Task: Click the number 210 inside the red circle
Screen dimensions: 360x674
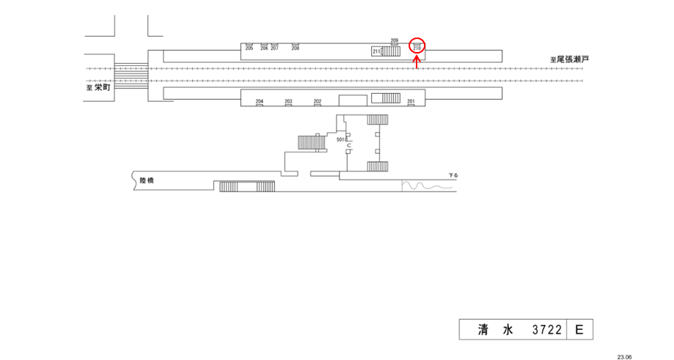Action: (x=417, y=48)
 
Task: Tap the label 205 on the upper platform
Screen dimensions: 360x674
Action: (x=249, y=48)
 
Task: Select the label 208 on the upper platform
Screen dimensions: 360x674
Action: (x=296, y=48)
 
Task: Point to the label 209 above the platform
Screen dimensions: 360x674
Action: (x=394, y=40)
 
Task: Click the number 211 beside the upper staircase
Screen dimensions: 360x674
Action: (x=376, y=51)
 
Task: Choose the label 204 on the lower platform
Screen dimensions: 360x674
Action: (x=259, y=101)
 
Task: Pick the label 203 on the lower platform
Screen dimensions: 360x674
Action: (x=288, y=101)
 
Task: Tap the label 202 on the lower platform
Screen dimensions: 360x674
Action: (x=318, y=101)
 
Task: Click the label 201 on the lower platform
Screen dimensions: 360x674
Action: (x=411, y=101)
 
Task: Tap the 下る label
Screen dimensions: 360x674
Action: (x=453, y=176)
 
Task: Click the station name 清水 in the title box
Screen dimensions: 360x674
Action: (x=492, y=331)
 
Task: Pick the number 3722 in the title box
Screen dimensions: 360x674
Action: (x=547, y=331)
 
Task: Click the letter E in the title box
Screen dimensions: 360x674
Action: (x=579, y=331)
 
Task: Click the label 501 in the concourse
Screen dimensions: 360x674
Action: (x=340, y=139)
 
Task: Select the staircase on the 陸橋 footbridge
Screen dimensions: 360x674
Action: (x=246, y=186)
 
